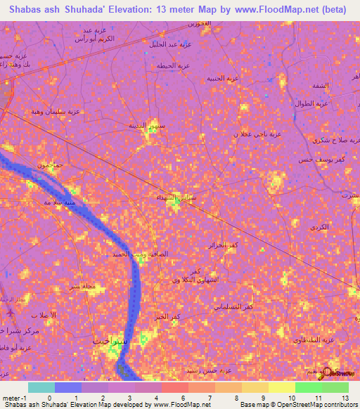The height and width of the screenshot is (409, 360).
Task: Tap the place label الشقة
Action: click(x=319, y=85)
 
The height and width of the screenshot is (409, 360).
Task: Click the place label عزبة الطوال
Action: click(x=312, y=104)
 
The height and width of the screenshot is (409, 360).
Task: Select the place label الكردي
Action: click(x=319, y=228)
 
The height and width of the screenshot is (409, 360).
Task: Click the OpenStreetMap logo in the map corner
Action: click(x=340, y=372)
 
